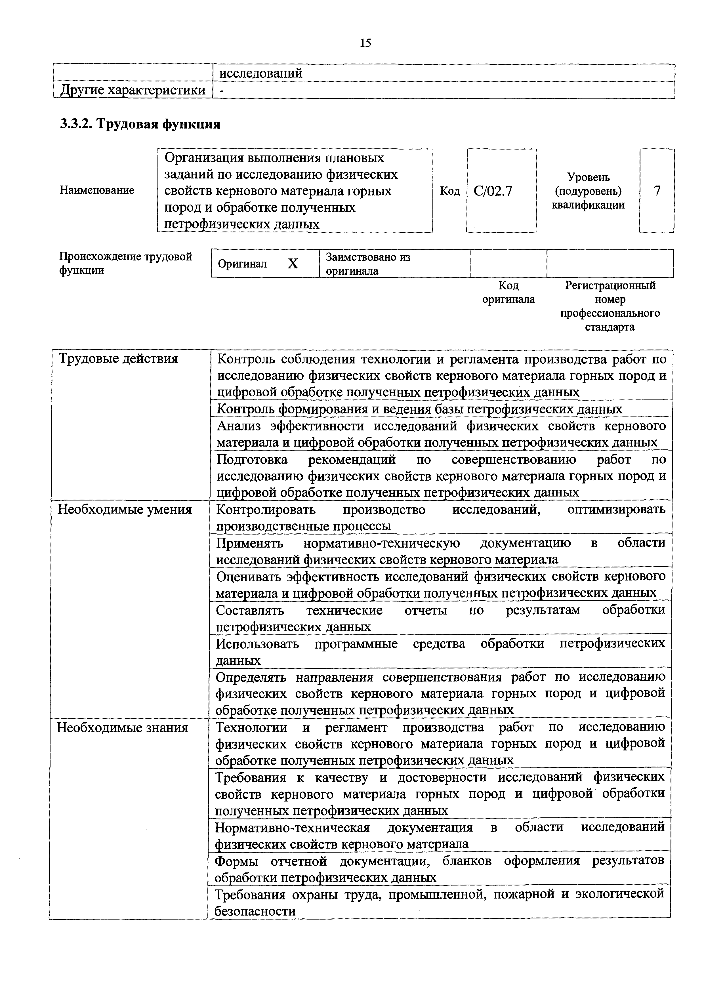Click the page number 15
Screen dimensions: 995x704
[365, 43]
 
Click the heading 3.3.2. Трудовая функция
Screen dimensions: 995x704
[140, 124]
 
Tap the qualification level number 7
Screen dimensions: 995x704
[657, 191]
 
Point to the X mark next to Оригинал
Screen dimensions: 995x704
[293, 264]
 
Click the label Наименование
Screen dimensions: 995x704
[97, 190]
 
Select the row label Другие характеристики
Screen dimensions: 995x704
[133, 90]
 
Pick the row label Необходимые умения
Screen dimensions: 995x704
[125, 510]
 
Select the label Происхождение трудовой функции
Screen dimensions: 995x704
[125, 264]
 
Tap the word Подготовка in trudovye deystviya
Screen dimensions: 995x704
[252, 459]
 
